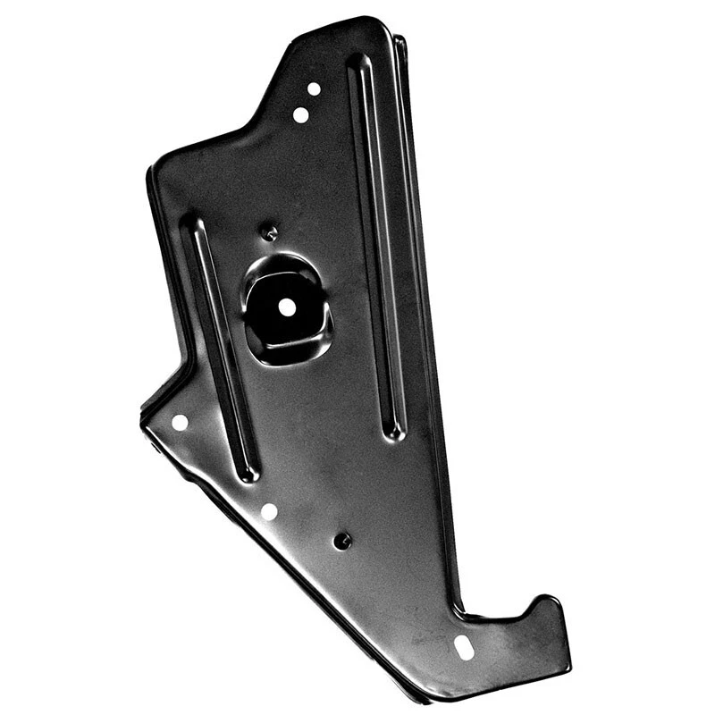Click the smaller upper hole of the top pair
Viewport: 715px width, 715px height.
[x=314, y=88]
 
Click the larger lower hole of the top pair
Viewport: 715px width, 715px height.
[x=300, y=114]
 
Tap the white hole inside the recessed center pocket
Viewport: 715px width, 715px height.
[x=286, y=306]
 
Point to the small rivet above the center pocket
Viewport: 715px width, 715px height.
[x=270, y=233]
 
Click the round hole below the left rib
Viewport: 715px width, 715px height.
[x=268, y=511]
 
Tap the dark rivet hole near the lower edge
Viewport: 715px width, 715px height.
[x=341, y=541]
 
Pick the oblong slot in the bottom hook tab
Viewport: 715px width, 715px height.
[x=463, y=647]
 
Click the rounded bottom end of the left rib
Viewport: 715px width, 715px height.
[x=248, y=473]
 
